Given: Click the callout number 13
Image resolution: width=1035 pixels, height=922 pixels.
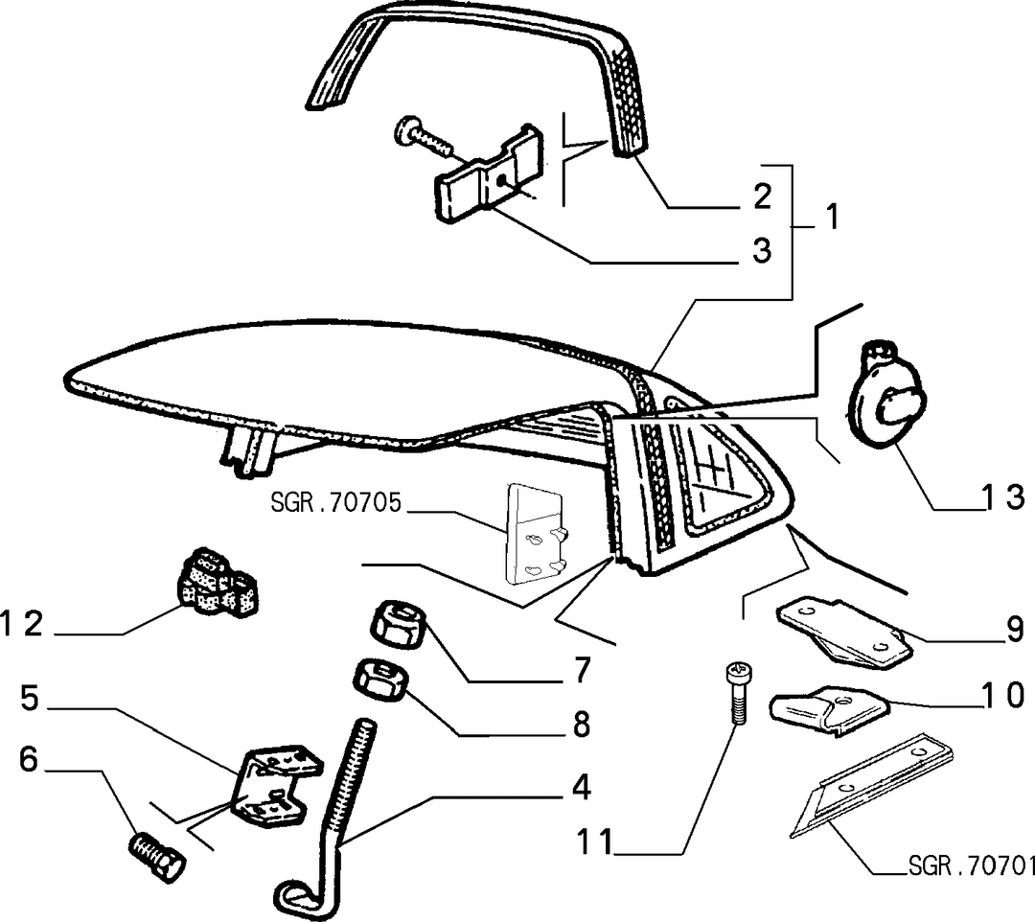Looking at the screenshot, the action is pyautogui.click(x=1002, y=496).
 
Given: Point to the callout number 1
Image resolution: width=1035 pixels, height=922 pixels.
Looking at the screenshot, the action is pyautogui.click(x=833, y=217).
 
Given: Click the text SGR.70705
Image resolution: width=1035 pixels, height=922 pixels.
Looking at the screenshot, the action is pyautogui.click(x=336, y=503).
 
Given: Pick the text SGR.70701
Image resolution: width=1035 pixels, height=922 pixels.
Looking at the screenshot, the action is pyautogui.click(x=970, y=865).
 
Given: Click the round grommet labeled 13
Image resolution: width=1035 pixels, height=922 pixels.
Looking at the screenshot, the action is pyautogui.click(x=884, y=396).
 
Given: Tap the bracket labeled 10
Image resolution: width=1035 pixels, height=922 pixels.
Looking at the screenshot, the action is pyautogui.click(x=830, y=710).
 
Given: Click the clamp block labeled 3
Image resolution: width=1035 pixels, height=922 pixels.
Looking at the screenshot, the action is pyautogui.click(x=489, y=173).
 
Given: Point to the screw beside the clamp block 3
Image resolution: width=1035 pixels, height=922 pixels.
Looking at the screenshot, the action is pyautogui.click(x=424, y=136).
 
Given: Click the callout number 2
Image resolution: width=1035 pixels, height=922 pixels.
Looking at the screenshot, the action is pyautogui.click(x=762, y=196).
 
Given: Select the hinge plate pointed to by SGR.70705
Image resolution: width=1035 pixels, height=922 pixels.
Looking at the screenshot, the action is pyautogui.click(x=536, y=534).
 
